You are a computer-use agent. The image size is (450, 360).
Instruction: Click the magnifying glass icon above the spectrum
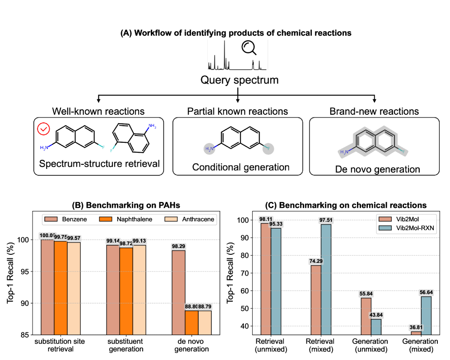click(249, 47)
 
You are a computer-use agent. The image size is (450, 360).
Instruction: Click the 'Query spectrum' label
click(239, 81)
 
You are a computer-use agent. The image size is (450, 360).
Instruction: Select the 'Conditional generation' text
click(241, 167)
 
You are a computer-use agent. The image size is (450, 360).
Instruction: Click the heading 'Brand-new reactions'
click(374, 111)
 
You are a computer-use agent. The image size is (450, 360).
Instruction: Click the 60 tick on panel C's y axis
click(247, 291)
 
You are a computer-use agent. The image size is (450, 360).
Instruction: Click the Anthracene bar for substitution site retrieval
click(73, 288)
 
